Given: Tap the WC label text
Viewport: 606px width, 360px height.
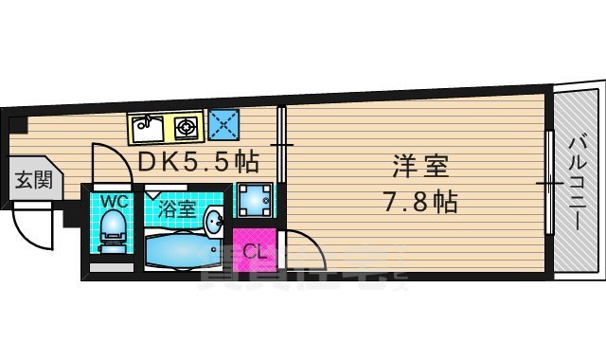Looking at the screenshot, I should (115, 201).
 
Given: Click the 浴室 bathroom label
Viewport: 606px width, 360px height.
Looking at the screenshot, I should (177, 209).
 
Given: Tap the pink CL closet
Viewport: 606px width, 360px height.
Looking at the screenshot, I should (254, 251).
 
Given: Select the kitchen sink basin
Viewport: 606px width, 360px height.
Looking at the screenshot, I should (147, 124).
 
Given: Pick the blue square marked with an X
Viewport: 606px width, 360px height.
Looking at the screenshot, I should (223, 124).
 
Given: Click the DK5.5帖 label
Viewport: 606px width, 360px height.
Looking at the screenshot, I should (198, 161).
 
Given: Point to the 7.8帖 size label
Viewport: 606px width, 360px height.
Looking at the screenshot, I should (422, 201).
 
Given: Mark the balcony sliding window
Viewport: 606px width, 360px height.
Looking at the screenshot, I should (549, 180).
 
